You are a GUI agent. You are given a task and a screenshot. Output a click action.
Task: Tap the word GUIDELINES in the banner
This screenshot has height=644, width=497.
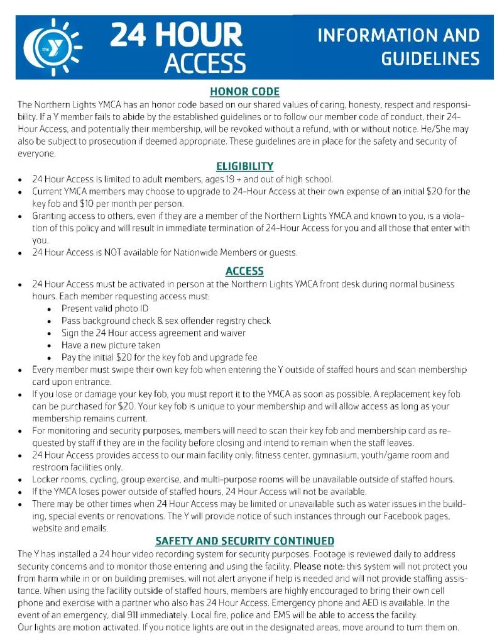[x=430, y=59]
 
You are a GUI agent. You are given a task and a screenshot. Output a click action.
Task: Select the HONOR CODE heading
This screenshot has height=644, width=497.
[x=244, y=92]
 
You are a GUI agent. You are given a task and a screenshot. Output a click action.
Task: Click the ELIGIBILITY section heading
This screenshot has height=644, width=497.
[x=244, y=167]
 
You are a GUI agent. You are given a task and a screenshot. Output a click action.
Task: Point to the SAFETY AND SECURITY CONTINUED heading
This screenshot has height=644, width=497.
[x=244, y=541]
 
